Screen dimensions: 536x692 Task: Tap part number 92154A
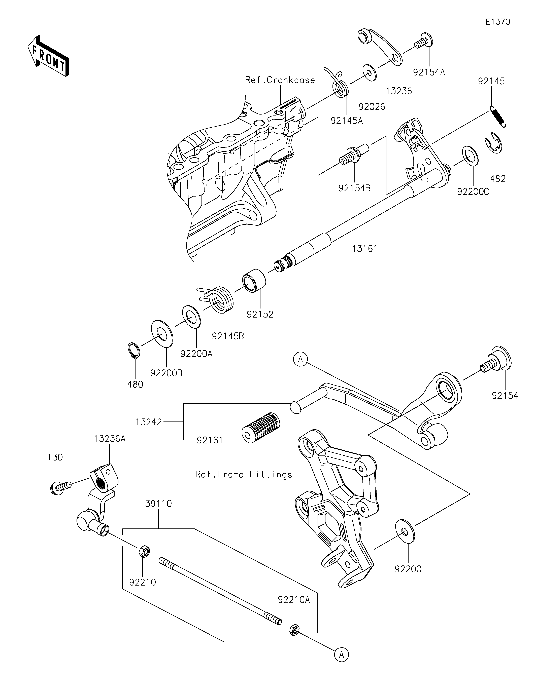click(x=429, y=72)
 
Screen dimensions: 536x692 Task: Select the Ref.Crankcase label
click(x=280, y=80)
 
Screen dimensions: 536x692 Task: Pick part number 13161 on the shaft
click(x=364, y=249)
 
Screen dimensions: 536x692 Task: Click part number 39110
click(x=158, y=504)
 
